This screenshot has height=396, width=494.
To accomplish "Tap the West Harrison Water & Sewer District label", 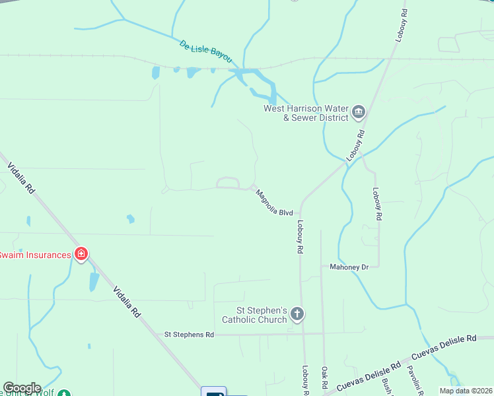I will (306, 114).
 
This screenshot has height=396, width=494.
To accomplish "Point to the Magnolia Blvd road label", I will (274, 203).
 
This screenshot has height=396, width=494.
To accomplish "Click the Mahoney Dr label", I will (349, 267).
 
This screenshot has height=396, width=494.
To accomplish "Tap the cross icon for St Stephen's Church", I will (297, 314).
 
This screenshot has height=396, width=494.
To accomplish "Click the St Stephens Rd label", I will (189, 335).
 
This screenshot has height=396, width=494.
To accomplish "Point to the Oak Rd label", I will (325, 378).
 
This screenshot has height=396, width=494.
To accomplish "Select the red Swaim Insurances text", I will (35, 255).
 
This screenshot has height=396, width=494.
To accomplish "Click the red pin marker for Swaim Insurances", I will (81, 254).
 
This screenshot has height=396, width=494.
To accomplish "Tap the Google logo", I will (22, 388).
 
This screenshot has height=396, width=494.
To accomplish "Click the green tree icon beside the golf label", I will (64, 394).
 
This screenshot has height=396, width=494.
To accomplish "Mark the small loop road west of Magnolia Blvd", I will (228, 182).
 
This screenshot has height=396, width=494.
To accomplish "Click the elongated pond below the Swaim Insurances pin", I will (94, 282).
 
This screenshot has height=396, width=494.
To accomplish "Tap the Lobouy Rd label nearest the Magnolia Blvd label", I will (300, 238).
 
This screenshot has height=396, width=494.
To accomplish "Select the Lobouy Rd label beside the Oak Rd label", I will (306, 380).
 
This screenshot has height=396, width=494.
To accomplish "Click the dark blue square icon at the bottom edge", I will (213, 392).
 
